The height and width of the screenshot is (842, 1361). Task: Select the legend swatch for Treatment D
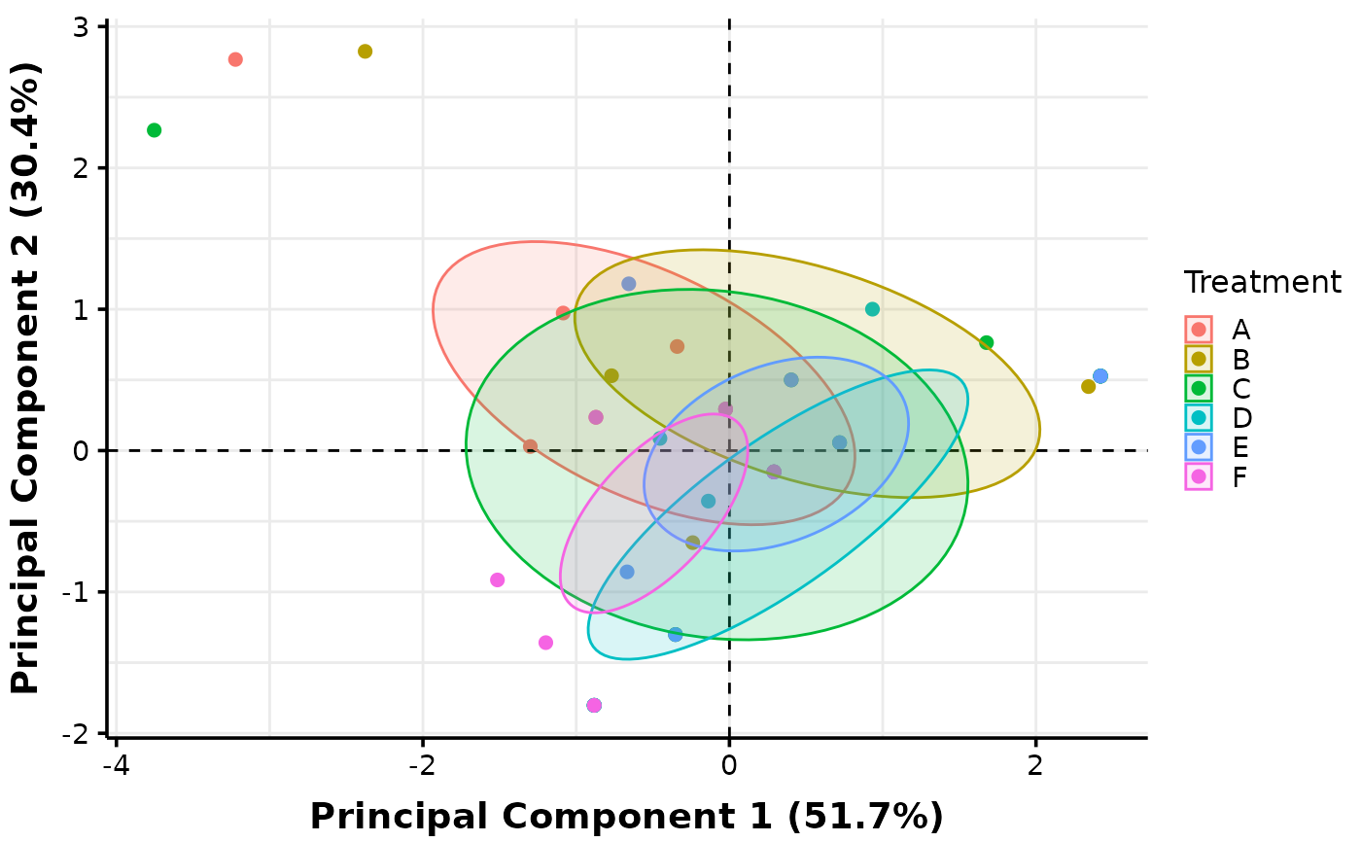[x=1199, y=418]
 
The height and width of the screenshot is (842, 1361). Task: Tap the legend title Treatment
[x=1262, y=283]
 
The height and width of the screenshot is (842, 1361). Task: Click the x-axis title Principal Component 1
[x=626, y=817]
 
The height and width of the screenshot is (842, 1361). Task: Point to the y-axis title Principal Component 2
[x=26, y=379]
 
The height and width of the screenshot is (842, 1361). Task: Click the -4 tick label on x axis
[x=116, y=765]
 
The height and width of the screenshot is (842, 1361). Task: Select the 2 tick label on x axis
[x=1035, y=765]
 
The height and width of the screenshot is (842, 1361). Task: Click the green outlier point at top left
[x=154, y=130]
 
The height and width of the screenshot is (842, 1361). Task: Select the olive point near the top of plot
[x=365, y=52]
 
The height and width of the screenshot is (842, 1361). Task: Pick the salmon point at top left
[x=235, y=59]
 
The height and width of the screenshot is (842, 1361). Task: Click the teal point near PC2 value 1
[x=872, y=309]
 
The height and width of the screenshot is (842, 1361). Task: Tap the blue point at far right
[x=1100, y=376]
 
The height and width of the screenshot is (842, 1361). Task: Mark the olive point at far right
[x=1088, y=387]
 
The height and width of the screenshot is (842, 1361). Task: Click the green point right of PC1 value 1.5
[x=986, y=342]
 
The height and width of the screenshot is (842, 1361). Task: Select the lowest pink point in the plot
[x=594, y=705]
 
